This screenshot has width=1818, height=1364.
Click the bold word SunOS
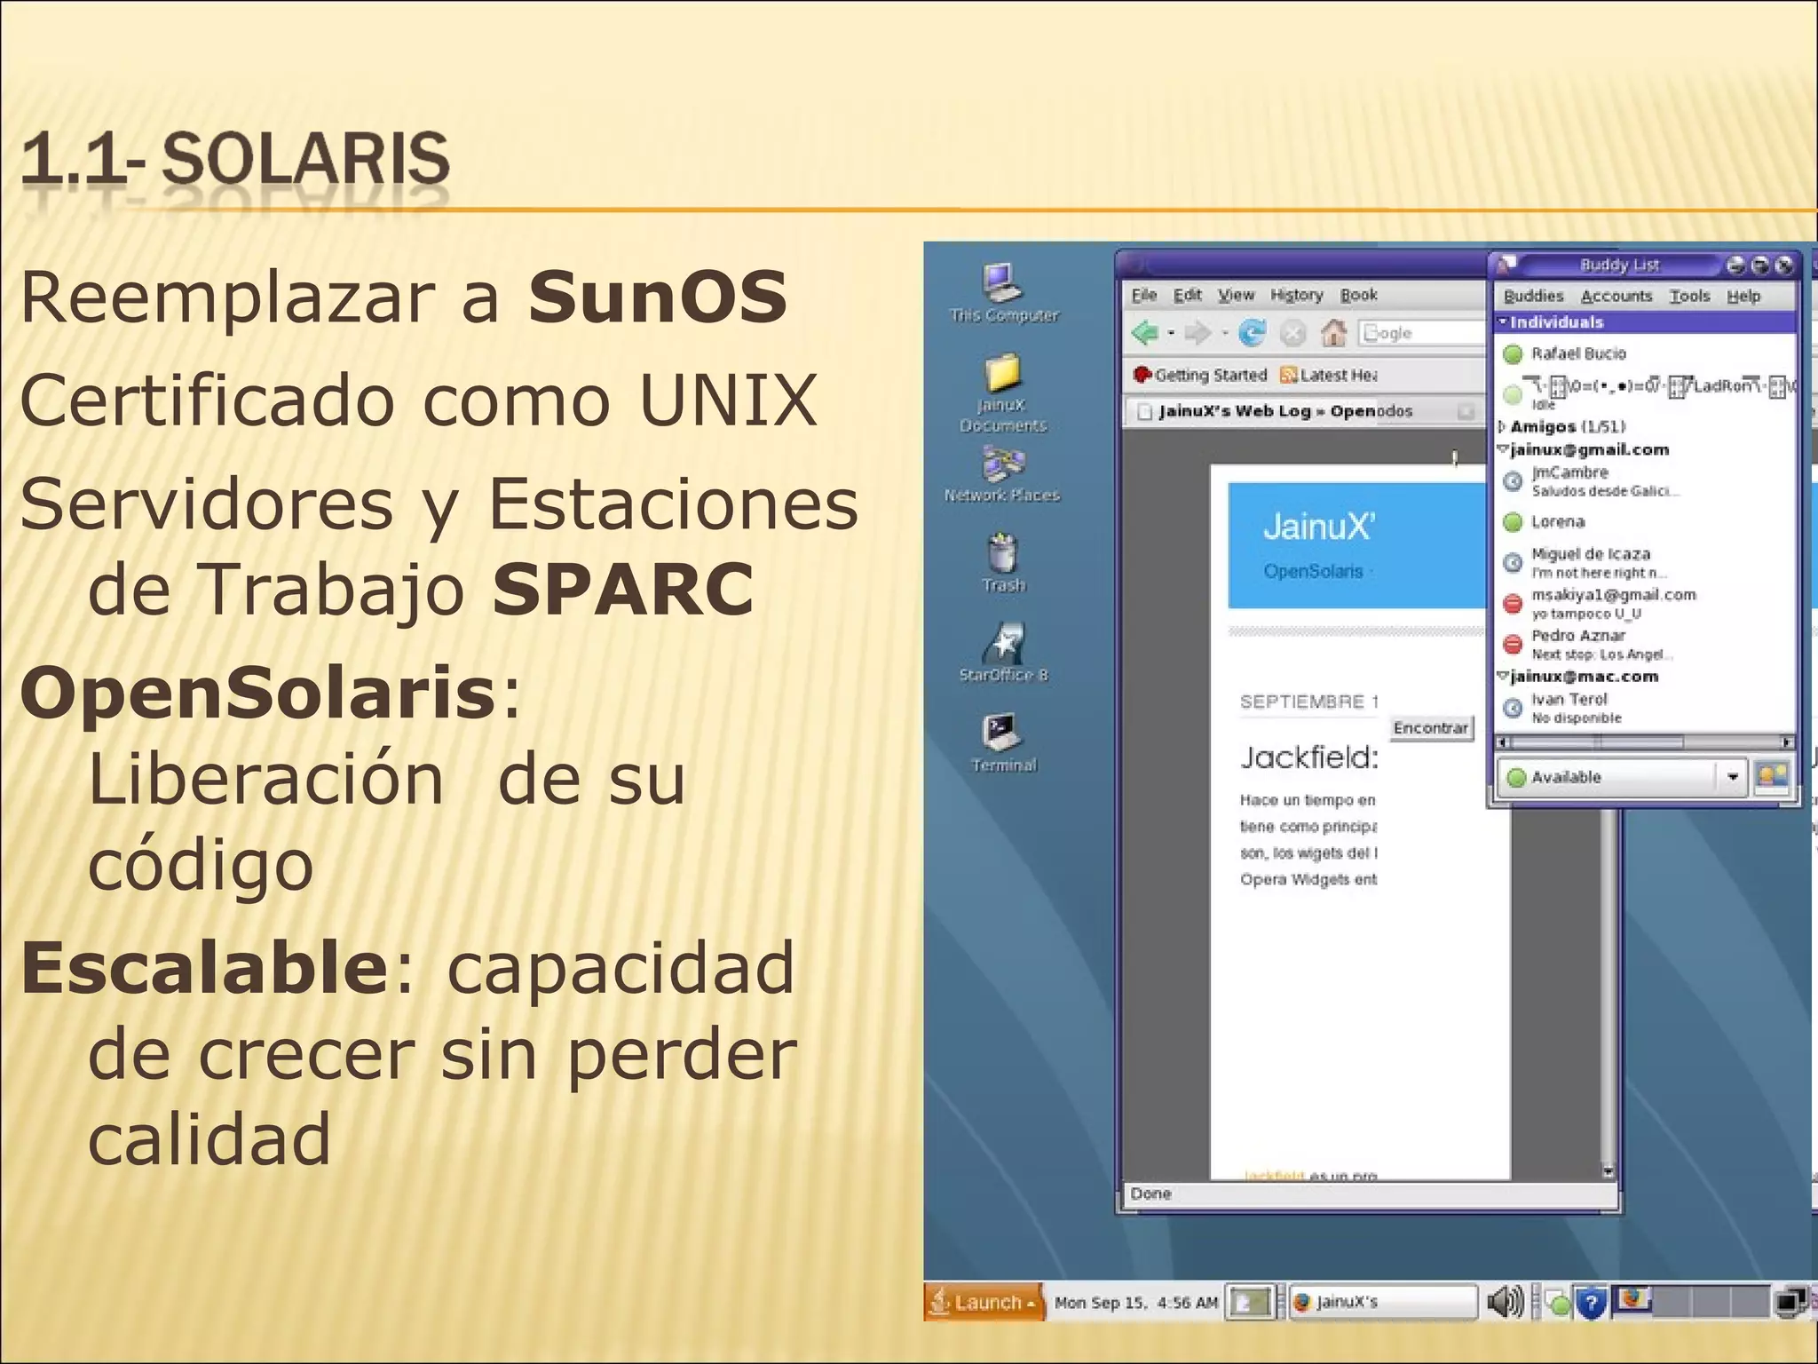[x=657, y=297]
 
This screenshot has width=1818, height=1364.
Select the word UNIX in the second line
[x=727, y=400]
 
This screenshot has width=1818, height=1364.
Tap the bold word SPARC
[x=623, y=589]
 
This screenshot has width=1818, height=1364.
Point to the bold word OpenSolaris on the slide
[x=257, y=694]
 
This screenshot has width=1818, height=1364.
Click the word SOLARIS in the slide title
[x=305, y=160]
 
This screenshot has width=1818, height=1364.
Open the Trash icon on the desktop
[x=1003, y=554]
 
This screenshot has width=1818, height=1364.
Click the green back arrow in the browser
[x=1145, y=333]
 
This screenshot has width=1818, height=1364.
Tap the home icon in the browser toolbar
[x=1333, y=333]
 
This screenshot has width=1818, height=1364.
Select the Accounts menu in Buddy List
[x=1616, y=296]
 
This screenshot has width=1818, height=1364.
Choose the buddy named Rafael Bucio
[x=1577, y=353]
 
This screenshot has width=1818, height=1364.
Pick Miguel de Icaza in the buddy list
[x=1590, y=554]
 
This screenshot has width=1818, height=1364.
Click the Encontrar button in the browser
[x=1430, y=728]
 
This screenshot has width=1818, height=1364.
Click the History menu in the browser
[x=1296, y=295]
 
